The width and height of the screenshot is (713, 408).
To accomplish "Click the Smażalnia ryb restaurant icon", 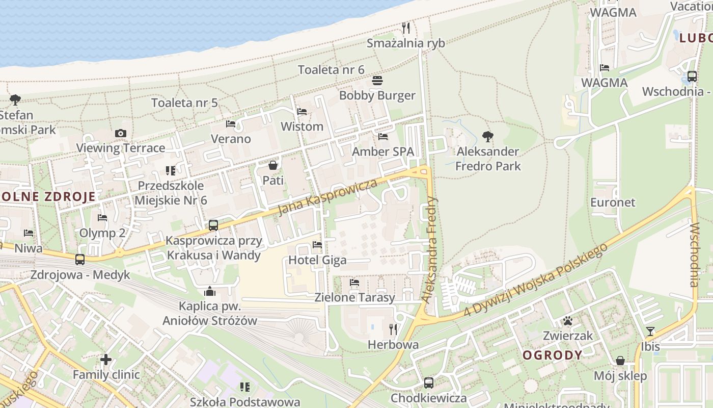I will tap(406, 27).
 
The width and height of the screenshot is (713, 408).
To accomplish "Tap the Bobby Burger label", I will tap(377, 95).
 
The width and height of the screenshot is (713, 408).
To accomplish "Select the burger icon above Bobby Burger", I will tap(377, 81).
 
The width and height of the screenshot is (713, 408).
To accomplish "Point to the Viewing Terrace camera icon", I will tap(121, 133).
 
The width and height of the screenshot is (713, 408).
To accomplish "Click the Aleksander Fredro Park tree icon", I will tap(488, 136).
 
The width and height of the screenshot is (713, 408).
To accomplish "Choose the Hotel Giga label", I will tap(317, 260).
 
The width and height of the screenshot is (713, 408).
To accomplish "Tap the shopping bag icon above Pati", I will tap(273, 165).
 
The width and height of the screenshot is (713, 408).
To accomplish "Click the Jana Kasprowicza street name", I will tap(328, 197).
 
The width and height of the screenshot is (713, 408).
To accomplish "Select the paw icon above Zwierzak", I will tap(568, 321).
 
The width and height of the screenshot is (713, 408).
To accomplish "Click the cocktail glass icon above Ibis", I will tap(650, 331).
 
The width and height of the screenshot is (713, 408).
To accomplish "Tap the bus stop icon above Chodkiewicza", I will tap(429, 382).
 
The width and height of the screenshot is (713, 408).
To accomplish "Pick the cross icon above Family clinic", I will tap(106, 360).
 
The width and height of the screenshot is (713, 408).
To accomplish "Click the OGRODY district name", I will tap(553, 355).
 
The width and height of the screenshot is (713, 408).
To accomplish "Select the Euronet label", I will tap(613, 202).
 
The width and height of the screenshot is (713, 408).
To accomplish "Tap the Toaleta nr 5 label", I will tap(184, 103).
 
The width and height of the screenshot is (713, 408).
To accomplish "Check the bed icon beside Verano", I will tap(231, 124).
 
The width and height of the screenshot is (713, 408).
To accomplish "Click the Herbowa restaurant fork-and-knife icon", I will tap(393, 329).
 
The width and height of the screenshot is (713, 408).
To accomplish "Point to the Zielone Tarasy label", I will tap(354, 297).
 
